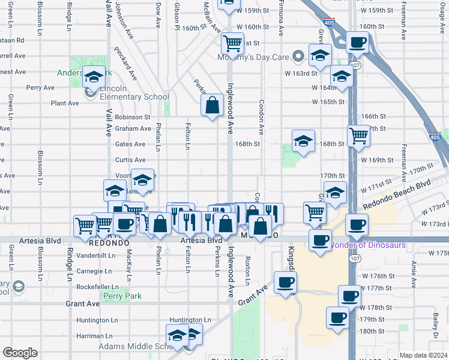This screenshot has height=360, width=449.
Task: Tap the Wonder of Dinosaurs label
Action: point(367,245)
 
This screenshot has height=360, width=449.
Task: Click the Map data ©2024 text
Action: point(423,355)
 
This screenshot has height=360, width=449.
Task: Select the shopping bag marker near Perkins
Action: point(213,106)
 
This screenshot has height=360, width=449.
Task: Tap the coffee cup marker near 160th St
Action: point(358,42)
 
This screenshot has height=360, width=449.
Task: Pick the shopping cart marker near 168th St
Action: point(358,135)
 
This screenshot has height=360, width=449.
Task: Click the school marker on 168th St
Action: point(303,141)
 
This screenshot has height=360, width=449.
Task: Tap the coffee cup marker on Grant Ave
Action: point(285,281)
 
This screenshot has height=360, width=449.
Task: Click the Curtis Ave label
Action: point(130,160)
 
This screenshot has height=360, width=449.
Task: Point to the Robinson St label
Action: point(133,117)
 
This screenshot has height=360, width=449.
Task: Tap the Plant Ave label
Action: point(65,103)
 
